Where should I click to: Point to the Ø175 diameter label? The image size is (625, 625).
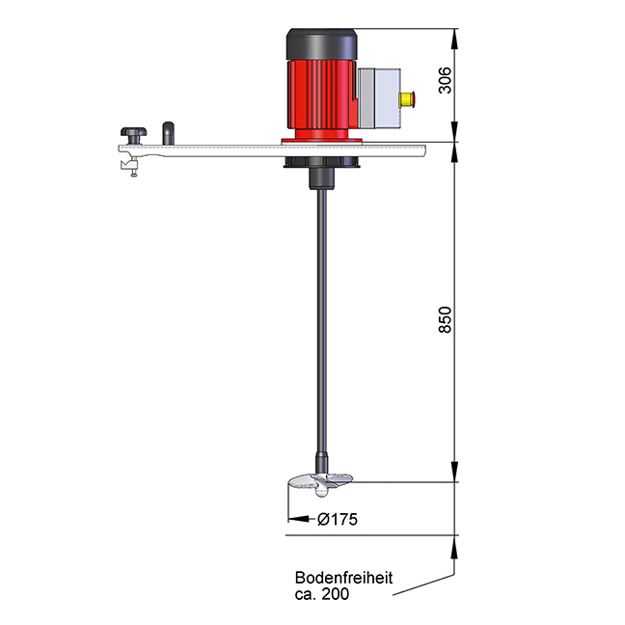(x=338, y=520)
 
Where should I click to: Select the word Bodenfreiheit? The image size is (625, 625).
(x=343, y=579)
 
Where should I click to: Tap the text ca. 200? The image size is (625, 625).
(x=322, y=595)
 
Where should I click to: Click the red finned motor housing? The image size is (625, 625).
(x=318, y=97)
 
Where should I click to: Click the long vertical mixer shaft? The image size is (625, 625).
(x=319, y=318)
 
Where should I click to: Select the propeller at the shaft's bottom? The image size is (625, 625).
(x=319, y=481)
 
